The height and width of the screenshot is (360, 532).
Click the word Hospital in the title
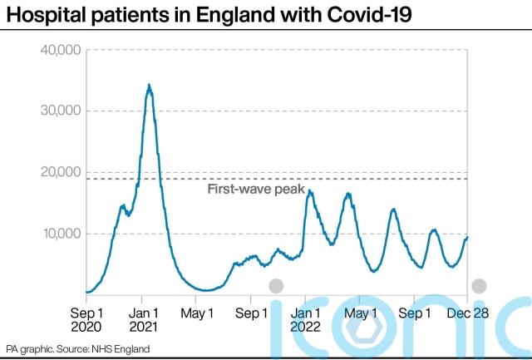[x=41, y=14]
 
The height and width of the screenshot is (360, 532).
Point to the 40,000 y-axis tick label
[x=60, y=50]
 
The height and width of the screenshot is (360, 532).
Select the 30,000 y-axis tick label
[x=60, y=111]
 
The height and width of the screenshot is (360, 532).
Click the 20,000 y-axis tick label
[x=60, y=172]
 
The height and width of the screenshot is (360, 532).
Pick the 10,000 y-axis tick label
[x=60, y=234]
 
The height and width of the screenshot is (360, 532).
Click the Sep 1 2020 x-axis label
[x=87, y=320]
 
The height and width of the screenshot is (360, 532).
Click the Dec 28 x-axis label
[x=467, y=313]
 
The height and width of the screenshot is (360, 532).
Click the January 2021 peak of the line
[x=149, y=85]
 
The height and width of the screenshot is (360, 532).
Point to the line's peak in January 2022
[x=309, y=191]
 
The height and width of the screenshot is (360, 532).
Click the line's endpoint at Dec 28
[x=468, y=237]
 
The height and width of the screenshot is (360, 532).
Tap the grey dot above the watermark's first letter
[x=276, y=286]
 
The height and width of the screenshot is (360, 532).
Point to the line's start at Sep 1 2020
[x=86, y=292]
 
